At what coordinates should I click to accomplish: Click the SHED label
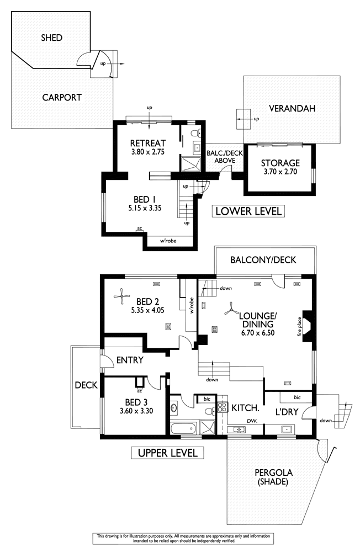pos(52,38)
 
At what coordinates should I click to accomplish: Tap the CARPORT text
pos(62,98)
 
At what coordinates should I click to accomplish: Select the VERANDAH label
pos(292,108)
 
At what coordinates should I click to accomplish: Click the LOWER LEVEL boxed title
pos(248,211)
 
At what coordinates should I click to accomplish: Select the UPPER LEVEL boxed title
pos(167,453)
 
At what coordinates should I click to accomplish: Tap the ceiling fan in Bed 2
pos(122,297)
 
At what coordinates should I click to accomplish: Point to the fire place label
pos(299,327)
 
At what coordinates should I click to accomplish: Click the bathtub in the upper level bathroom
pos(183,428)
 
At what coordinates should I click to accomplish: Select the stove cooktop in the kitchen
pos(222,407)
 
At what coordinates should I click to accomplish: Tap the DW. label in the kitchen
pos(252,421)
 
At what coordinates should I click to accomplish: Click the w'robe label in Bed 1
pos(168,241)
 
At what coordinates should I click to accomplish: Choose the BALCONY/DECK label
pos(263,260)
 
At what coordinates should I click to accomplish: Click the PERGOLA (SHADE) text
pos(273,477)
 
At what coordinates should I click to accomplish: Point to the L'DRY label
pos(287,412)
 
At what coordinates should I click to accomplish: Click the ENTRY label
pos(130,360)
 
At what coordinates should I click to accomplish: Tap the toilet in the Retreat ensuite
pos(195,134)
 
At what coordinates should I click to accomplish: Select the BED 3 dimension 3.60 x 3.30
pos(136,411)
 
